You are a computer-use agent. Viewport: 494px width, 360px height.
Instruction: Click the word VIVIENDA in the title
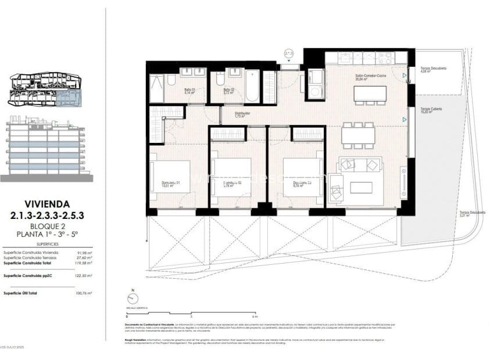(x=48, y=204)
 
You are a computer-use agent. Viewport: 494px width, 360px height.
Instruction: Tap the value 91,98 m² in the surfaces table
(x=84, y=253)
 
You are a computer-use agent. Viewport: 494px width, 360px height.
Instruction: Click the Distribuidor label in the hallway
(x=242, y=114)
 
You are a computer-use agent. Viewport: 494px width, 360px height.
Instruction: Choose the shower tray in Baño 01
(x=157, y=89)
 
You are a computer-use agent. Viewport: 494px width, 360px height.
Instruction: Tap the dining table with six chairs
(x=358, y=135)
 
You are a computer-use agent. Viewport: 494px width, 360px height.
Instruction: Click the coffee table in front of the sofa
(x=360, y=187)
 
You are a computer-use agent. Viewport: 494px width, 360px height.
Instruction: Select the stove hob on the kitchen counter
(x=384, y=58)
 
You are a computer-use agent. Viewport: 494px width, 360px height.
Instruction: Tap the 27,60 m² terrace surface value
(x=84, y=258)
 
